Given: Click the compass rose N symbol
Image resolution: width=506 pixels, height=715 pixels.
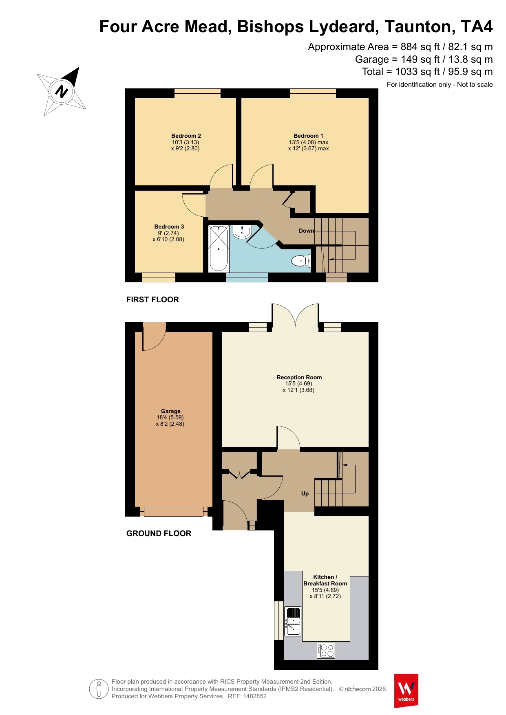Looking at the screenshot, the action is click(x=61, y=91).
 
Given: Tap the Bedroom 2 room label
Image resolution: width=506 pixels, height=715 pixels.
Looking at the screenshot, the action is click(x=186, y=136).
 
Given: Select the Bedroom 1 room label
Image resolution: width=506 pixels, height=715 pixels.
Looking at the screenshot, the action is click(x=308, y=136).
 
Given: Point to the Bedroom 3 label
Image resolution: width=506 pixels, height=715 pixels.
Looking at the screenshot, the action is click(x=169, y=227).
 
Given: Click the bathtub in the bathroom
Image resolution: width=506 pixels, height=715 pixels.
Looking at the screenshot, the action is click(x=218, y=249).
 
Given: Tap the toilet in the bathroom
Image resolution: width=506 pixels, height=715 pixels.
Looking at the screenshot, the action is click(x=301, y=260).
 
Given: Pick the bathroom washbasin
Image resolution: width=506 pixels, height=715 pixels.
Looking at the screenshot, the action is click(x=242, y=232).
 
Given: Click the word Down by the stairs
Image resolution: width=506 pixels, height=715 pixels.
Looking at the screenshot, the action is click(x=307, y=231).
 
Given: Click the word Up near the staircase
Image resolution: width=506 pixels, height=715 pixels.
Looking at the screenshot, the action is click(x=305, y=493).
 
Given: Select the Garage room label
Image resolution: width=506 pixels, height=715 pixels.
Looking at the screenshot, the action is click(x=170, y=411).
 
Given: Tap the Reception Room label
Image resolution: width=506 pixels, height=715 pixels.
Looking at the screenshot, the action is click(x=299, y=377).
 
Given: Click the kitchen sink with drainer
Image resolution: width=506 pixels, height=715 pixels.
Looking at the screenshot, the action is click(x=293, y=621).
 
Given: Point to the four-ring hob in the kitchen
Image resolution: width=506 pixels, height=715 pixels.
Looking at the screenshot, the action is click(x=326, y=651).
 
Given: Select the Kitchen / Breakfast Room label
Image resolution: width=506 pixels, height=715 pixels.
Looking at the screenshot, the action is click(x=325, y=580).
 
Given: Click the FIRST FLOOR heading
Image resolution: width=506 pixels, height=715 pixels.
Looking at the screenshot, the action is click(x=152, y=299).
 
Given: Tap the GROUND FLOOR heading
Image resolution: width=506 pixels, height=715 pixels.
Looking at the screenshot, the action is click(x=159, y=533).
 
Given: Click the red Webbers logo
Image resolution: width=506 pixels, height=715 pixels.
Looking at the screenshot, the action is click(x=406, y=691).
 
